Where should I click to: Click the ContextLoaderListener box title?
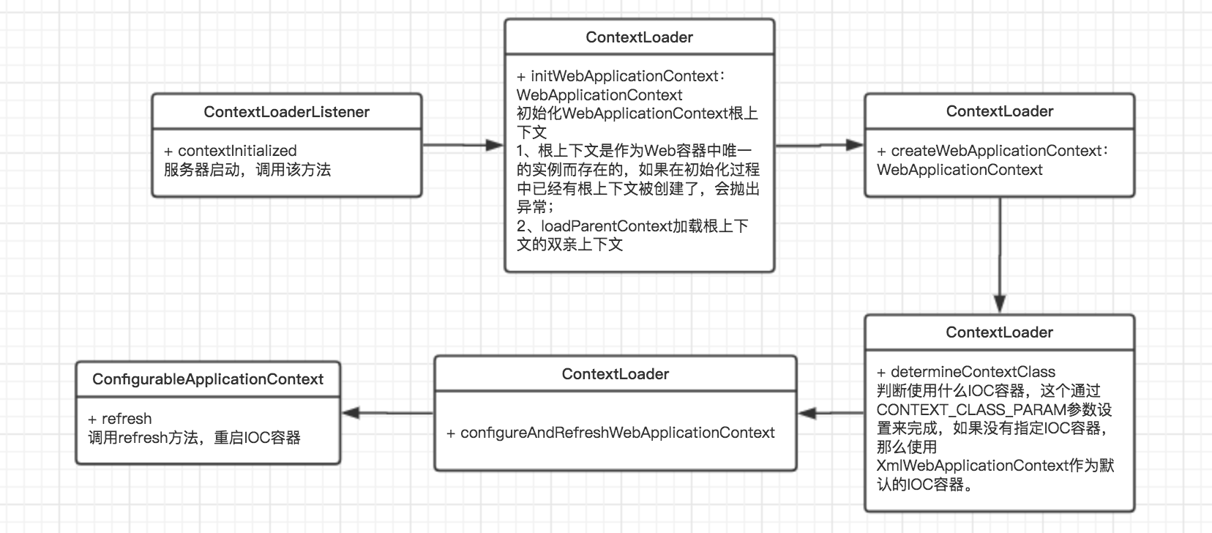click(x=286, y=112)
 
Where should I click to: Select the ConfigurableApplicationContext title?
click(x=208, y=379)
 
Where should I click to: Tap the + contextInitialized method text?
click(x=231, y=151)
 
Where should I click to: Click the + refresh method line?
click(x=120, y=419)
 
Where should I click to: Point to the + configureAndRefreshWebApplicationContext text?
click(x=610, y=433)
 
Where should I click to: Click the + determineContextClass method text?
click(x=966, y=372)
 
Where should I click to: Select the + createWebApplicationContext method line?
click(x=992, y=151)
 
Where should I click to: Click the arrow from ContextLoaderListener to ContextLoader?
click(x=463, y=145)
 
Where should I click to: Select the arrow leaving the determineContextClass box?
click(x=831, y=414)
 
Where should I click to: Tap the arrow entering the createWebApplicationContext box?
click(x=820, y=145)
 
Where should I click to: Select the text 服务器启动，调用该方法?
click(x=247, y=170)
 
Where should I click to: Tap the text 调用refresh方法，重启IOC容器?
click(x=194, y=438)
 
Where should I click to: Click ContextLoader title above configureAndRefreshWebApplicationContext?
click(x=616, y=374)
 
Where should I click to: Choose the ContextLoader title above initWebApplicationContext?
click(x=639, y=37)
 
